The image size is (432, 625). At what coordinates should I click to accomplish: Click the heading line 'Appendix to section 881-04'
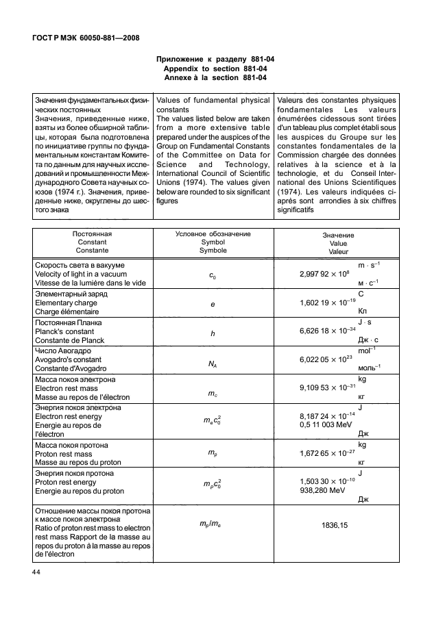pyautogui.click(x=216, y=68)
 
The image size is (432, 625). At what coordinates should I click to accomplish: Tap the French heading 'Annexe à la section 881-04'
pyautogui.click(x=216, y=77)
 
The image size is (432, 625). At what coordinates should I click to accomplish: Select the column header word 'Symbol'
pyautogui.click(x=213, y=243)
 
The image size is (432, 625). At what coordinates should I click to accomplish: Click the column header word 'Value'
pyautogui.click(x=338, y=244)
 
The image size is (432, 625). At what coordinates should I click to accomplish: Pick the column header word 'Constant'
pyautogui.click(x=92, y=243)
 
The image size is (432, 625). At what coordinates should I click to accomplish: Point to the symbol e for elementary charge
pyautogui.click(x=213, y=303)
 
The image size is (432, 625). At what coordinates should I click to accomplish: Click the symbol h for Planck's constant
pyautogui.click(x=213, y=333)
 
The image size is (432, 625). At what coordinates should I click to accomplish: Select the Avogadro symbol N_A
pyautogui.click(x=213, y=363)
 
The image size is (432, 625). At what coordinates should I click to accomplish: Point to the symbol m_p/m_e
pyautogui.click(x=213, y=522)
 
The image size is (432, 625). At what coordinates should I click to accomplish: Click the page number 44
pyautogui.click(x=35, y=572)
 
